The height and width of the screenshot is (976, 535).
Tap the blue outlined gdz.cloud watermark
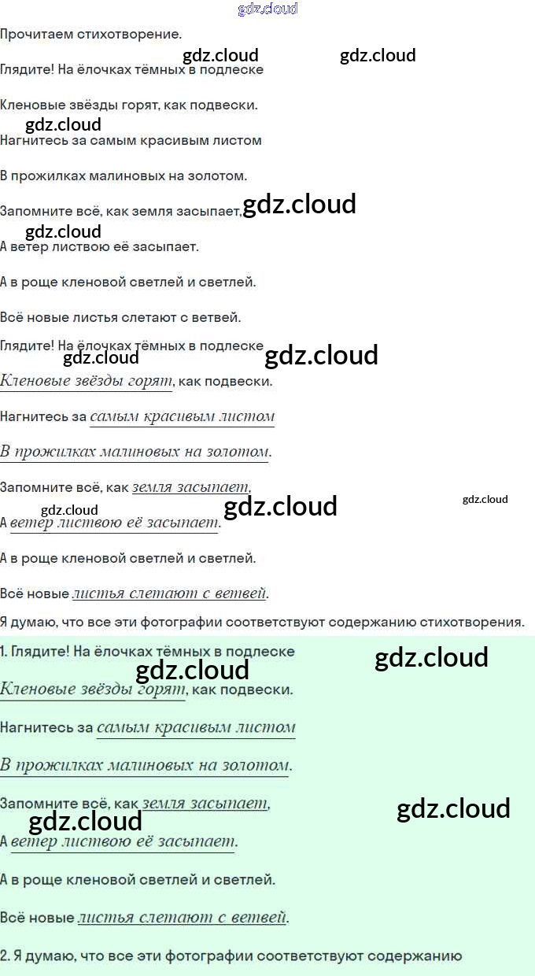coord(267,9)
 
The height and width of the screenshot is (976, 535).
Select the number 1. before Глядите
coord(5,652)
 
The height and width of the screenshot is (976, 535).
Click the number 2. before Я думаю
coord(5,956)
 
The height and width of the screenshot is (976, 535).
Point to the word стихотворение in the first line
coord(125,35)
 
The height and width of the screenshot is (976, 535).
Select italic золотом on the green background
coord(260,764)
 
